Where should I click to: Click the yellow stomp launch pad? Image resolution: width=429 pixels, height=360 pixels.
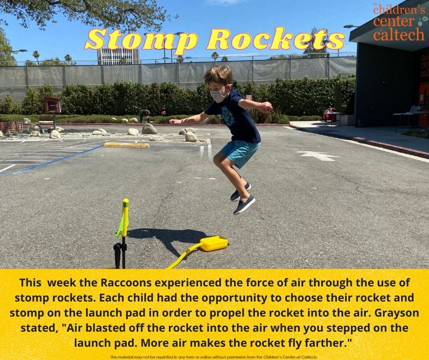click(x=214, y=244)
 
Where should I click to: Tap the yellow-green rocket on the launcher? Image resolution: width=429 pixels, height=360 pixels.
click(x=124, y=218)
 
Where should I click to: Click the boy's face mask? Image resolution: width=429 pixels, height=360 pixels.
click(x=218, y=95)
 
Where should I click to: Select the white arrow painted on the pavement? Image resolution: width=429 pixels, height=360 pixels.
click(x=317, y=155)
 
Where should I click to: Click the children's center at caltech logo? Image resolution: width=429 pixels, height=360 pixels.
click(x=398, y=22)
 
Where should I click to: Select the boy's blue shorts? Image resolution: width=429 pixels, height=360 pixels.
click(x=240, y=153)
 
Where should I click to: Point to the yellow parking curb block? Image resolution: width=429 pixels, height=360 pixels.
click(x=126, y=145)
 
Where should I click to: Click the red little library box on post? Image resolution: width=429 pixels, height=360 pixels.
click(x=52, y=105)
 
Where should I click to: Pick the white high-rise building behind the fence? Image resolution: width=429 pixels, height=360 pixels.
click(x=118, y=57)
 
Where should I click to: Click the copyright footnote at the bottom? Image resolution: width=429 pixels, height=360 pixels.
click(x=214, y=357)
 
